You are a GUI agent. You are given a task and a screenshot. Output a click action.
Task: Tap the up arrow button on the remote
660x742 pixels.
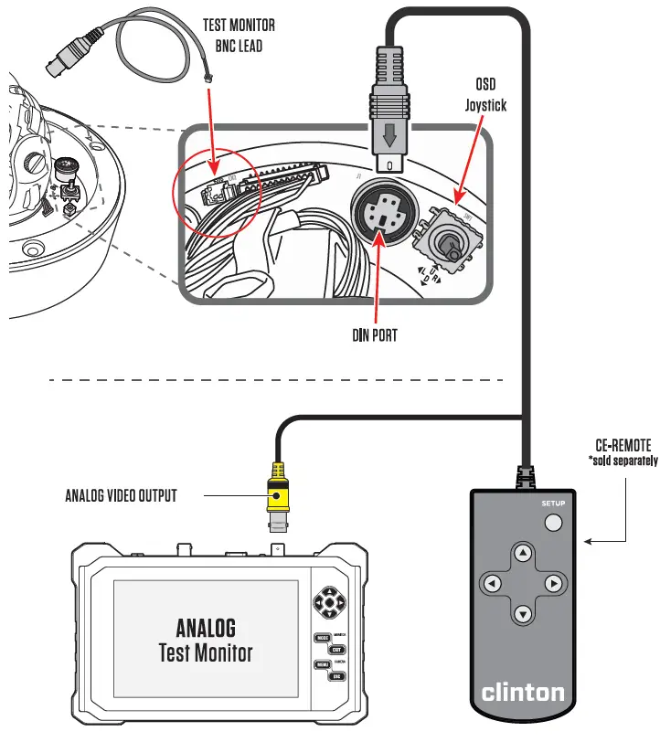pyautogui.click(x=522, y=553)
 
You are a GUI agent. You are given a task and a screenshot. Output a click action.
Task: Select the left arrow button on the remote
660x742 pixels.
pyautogui.click(x=492, y=583)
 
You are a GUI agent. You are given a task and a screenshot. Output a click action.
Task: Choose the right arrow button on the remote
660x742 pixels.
pyautogui.click(x=552, y=583)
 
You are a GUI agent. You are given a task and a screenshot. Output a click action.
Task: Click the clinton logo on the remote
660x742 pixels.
pyautogui.click(x=523, y=692)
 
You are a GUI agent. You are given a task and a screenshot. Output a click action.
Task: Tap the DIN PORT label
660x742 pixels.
pyautogui.click(x=375, y=335)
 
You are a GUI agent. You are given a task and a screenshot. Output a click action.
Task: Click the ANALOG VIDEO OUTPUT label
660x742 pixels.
pyautogui.click(x=121, y=496)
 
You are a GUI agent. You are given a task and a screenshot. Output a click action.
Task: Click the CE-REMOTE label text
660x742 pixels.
pyautogui.click(x=623, y=445)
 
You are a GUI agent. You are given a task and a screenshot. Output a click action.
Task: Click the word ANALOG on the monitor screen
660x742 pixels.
pyautogui.click(x=206, y=627)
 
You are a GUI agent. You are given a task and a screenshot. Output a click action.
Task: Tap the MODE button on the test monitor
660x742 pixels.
pyautogui.click(x=321, y=638)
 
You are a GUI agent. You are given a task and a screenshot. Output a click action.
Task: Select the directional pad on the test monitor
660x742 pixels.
pyautogui.click(x=328, y=602)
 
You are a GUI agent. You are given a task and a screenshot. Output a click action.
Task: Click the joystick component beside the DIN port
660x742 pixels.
pyautogui.click(x=446, y=243)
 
